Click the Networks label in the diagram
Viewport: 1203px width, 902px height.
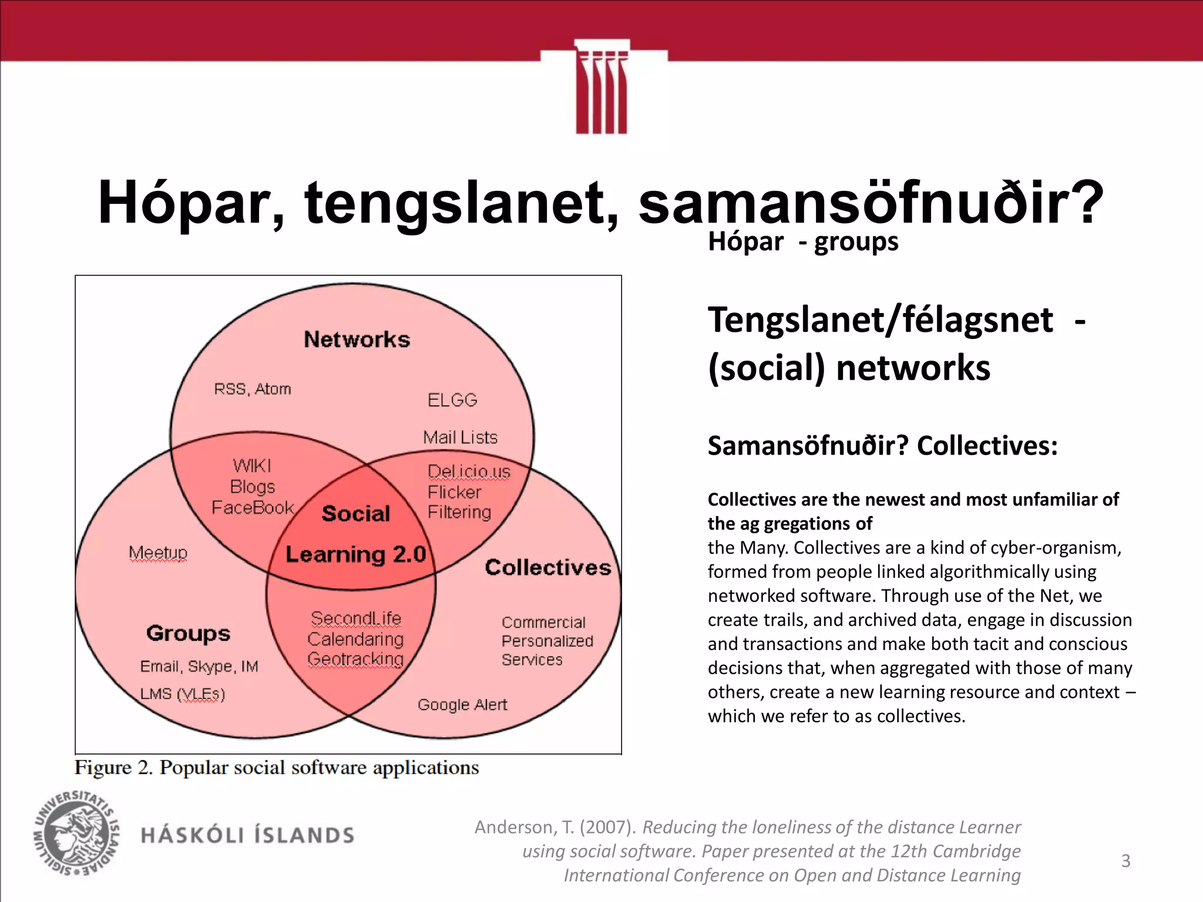(x=357, y=339)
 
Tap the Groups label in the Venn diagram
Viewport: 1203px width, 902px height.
(x=188, y=633)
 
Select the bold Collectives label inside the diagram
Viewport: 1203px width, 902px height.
(x=547, y=567)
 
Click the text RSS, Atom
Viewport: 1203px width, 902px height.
(x=253, y=389)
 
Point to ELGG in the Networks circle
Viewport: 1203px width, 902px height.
(x=452, y=400)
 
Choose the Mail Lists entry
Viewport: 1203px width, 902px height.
(x=460, y=437)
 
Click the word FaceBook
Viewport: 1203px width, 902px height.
(x=253, y=507)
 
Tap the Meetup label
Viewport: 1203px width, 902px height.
(x=158, y=553)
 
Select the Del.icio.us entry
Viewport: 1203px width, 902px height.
(x=469, y=471)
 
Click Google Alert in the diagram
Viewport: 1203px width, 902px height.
(x=462, y=704)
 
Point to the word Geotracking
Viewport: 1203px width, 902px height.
(x=355, y=659)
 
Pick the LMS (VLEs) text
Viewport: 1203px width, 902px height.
(x=183, y=694)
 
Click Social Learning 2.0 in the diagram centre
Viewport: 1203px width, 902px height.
(x=355, y=534)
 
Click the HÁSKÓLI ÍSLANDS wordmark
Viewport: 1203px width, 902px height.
(x=247, y=835)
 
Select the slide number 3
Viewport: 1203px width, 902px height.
(x=1125, y=861)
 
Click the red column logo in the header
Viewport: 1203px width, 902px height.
(x=601, y=88)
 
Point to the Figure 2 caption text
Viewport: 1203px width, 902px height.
(x=277, y=768)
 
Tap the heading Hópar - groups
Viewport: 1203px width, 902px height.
(x=802, y=241)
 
